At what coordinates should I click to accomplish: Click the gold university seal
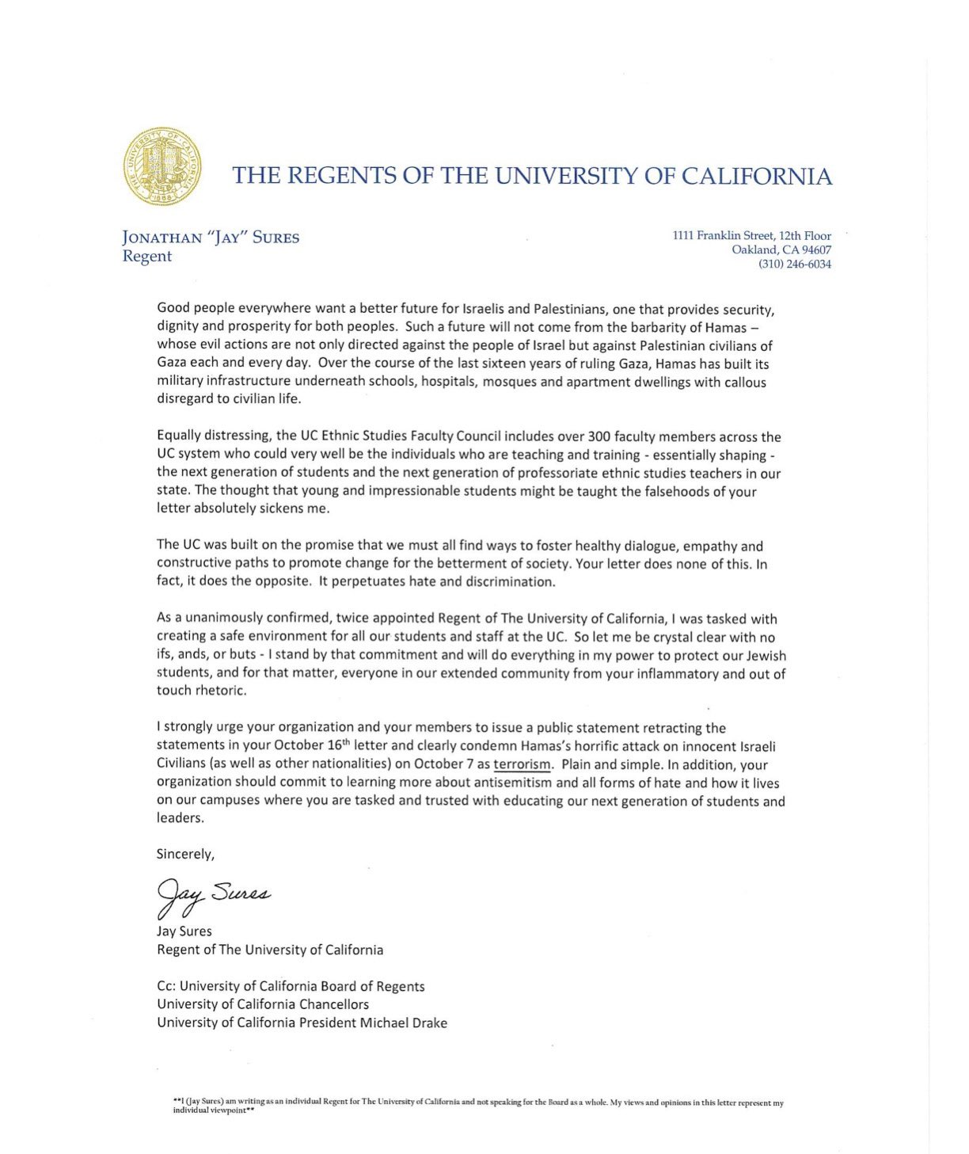[x=161, y=166]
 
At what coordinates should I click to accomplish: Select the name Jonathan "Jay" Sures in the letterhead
[x=211, y=238]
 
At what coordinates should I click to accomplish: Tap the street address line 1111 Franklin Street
[x=751, y=235]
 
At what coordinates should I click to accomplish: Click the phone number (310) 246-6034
[x=795, y=264]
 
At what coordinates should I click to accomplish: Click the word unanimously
[x=226, y=619]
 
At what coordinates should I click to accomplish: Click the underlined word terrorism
[x=522, y=764]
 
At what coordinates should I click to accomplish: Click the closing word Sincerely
[x=185, y=854]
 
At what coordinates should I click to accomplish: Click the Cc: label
[x=166, y=986]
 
